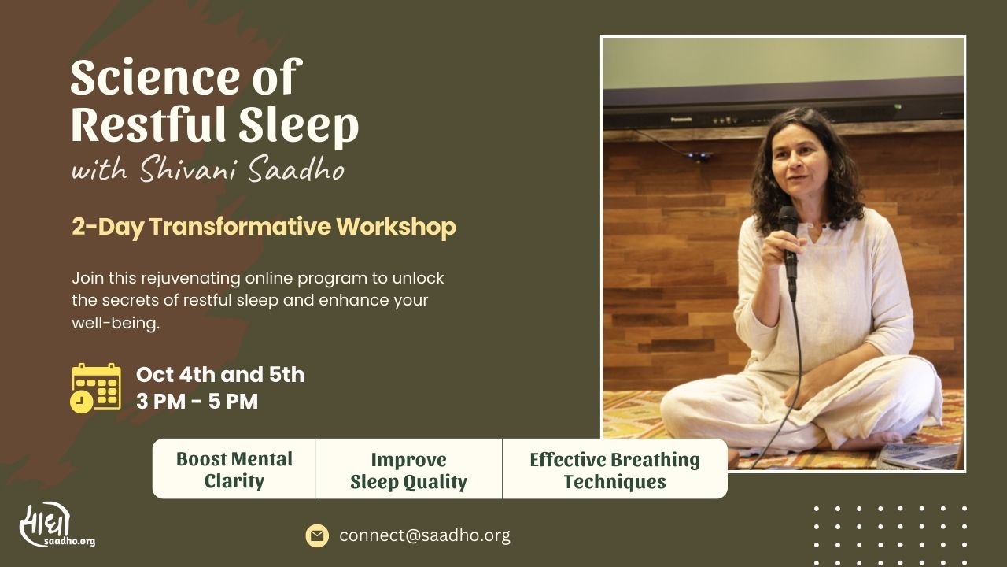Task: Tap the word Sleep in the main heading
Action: click(x=298, y=125)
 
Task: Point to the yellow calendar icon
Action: click(x=96, y=388)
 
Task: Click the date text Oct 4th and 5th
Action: click(x=220, y=374)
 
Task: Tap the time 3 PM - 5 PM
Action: click(x=197, y=402)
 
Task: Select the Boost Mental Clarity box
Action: click(x=234, y=469)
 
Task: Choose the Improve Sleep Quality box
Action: click(x=408, y=469)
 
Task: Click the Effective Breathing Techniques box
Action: click(x=614, y=469)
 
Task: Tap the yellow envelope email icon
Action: click(x=317, y=535)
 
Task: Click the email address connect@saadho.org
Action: click(x=425, y=535)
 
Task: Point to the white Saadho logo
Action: click(x=45, y=524)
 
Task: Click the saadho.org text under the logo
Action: click(x=70, y=541)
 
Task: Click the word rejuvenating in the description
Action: click(x=190, y=279)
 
